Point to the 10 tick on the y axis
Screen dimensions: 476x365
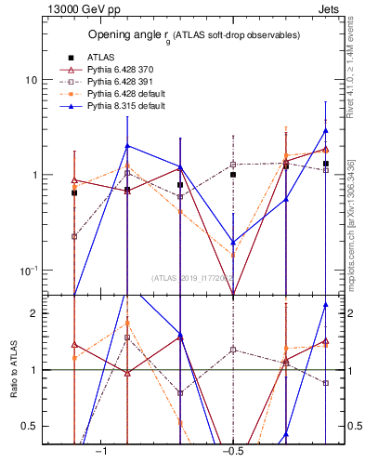click(x=31, y=80)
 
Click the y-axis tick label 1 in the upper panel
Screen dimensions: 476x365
click(x=33, y=175)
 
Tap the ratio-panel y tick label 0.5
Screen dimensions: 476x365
click(x=30, y=426)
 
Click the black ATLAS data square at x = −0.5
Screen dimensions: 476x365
click(x=233, y=175)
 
